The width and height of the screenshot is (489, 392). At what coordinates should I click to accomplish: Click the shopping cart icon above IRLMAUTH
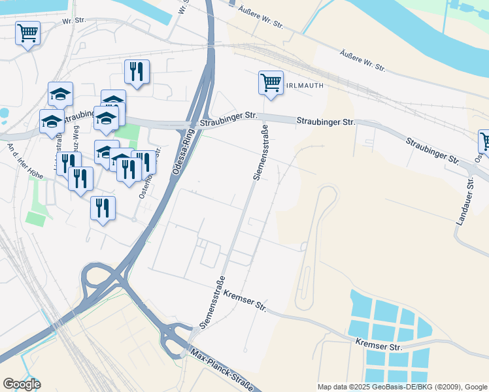click(271, 83)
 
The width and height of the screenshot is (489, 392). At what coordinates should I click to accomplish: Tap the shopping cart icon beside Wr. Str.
click(27, 33)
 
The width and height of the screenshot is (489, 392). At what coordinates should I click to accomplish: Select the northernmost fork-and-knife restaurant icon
click(137, 72)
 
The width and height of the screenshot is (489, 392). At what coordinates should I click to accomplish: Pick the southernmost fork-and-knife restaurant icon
click(103, 208)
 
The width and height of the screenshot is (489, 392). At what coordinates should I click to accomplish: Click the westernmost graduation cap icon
click(52, 122)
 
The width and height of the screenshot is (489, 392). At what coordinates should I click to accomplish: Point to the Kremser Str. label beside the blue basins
click(379, 344)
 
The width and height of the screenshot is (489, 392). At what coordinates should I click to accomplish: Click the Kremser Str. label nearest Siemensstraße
click(245, 300)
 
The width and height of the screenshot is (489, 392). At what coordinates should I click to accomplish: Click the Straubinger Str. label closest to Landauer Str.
click(431, 150)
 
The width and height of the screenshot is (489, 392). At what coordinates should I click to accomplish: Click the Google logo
click(22, 384)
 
